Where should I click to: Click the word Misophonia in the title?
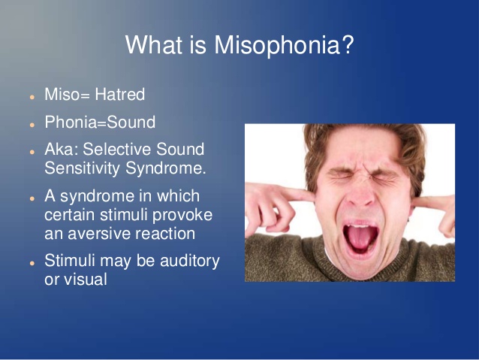tap(277, 45)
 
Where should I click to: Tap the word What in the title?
tap(154, 44)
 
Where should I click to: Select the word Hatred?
tap(120, 94)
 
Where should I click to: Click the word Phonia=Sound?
tap(100, 122)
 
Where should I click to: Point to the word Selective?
tap(116, 149)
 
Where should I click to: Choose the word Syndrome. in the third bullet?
tap(166, 168)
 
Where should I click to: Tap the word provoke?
tap(182, 216)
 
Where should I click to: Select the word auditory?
tap(190, 261)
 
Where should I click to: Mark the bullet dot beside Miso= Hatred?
tap(32, 97)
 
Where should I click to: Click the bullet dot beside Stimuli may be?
tap(32, 263)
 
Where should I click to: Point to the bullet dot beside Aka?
tap(32, 152)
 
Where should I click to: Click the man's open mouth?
tap(360, 237)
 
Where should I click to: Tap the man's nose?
tap(361, 195)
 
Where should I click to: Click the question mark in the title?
tap(348, 44)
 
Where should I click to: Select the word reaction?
tap(165, 234)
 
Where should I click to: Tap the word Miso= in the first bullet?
tap(68, 94)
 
